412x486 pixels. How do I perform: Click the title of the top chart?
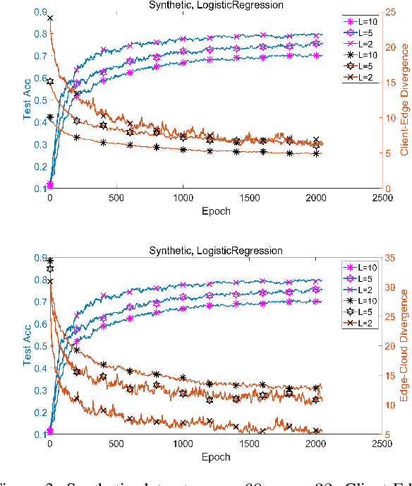pyautogui.click(x=216, y=5)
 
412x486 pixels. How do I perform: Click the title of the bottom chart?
pyautogui.click(x=216, y=251)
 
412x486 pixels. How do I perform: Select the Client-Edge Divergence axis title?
pyautogui.click(x=405, y=100)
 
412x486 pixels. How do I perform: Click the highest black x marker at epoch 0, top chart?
pyautogui.click(x=49, y=18)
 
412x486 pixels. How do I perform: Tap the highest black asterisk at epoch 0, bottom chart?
pyautogui.click(x=49, y=261)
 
